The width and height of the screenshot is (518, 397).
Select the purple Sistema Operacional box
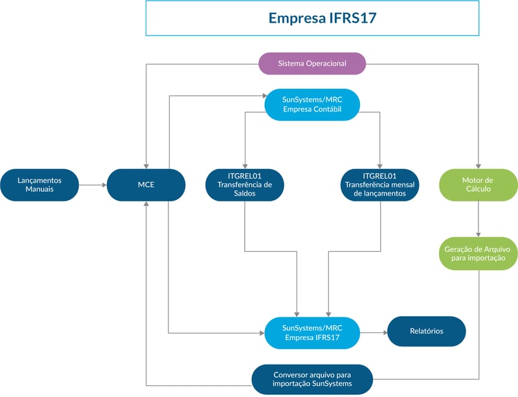(312, 63)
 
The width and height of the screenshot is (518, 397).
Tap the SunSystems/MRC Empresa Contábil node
(312, 104)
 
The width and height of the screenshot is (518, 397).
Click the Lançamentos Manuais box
(39, 185)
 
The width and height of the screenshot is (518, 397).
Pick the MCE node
(146, 185)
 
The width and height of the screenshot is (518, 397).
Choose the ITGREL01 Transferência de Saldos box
(245, 185)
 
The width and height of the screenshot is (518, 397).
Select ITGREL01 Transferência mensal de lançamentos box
(380, 185)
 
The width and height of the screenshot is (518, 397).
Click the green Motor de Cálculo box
(478, 185)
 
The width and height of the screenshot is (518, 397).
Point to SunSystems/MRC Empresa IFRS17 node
(312, 332)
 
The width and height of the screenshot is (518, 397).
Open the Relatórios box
(426, 332)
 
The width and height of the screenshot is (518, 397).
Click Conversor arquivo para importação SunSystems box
(312, 380)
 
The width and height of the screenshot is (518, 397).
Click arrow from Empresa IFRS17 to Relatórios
(374, 332)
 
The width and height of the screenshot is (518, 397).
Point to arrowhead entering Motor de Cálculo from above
(478, 165)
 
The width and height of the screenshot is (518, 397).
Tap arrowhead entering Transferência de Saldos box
(245, 165)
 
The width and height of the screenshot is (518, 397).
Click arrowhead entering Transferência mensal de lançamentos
(380, 165)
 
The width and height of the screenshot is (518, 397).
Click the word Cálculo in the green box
(478, 190)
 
